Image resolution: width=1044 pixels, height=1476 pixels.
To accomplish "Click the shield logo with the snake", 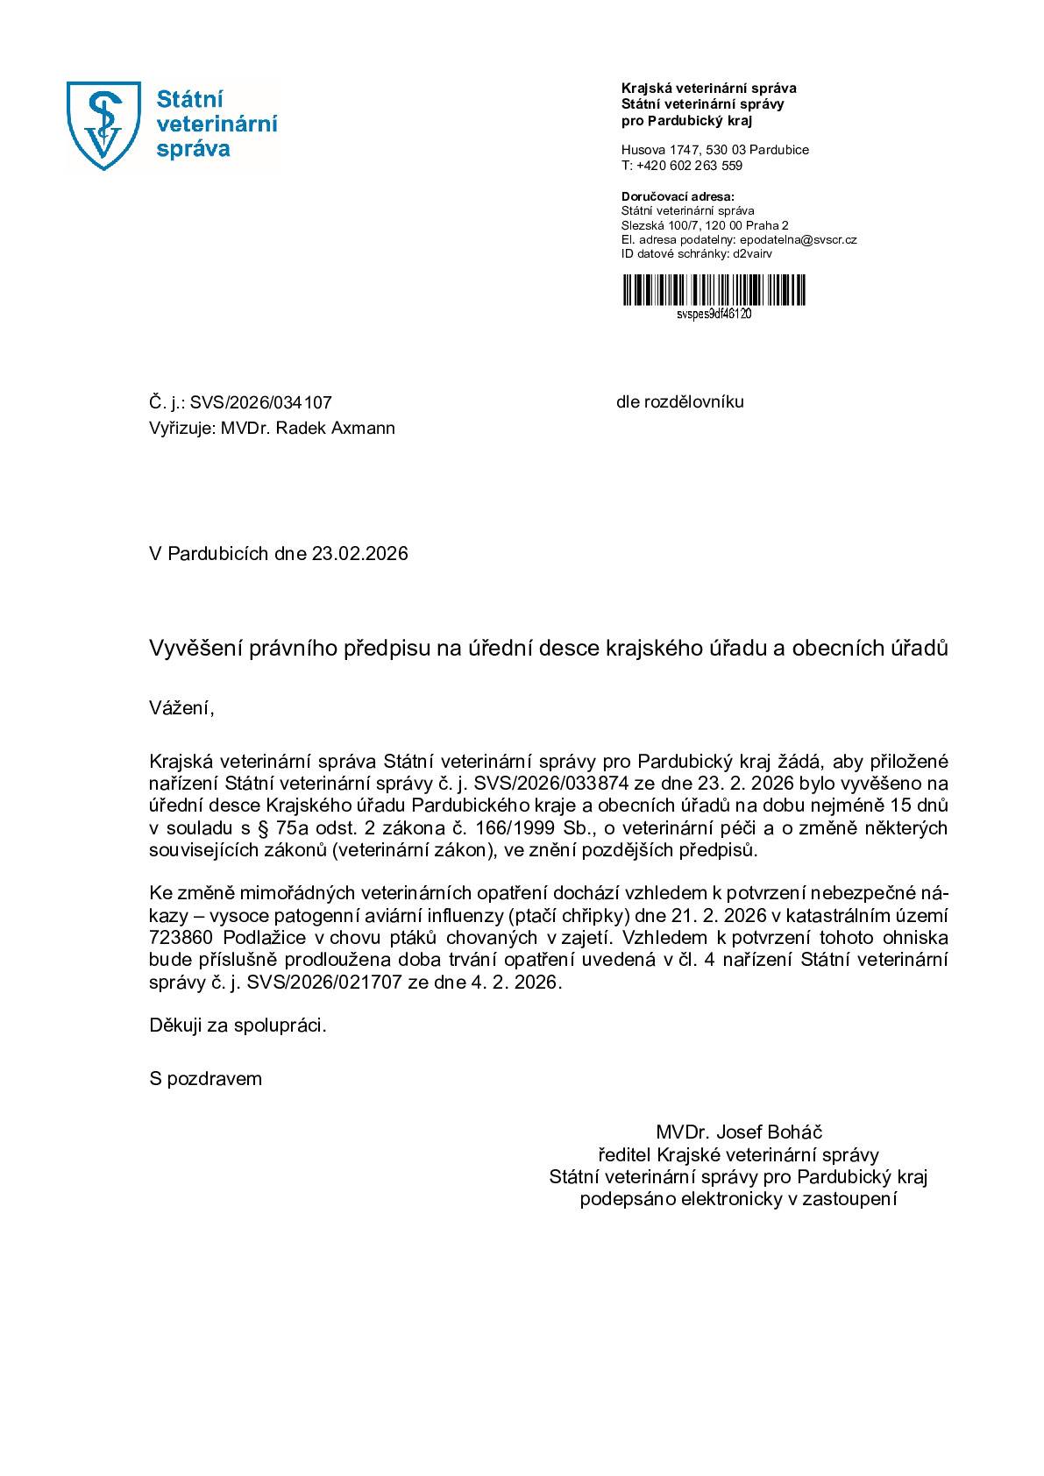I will tap(104, 125).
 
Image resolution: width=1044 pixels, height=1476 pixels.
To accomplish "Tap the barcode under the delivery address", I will tap(714, 290).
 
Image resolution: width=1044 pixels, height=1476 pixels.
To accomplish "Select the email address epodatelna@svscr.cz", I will tap(798, 239).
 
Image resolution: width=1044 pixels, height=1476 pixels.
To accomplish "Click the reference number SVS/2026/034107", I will tap(261, 403).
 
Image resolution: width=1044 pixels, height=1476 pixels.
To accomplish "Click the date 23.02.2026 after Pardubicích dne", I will tap(359, 555).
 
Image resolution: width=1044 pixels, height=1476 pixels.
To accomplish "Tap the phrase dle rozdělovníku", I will tap(679, 402).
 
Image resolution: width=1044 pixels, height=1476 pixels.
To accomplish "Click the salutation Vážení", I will tap(181, 708).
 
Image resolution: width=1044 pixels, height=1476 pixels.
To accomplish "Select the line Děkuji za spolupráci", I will tap(238, 1025).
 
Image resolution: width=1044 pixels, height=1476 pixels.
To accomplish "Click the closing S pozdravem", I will tap(205, 1079).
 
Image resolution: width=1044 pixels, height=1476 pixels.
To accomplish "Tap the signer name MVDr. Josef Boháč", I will tap(738, 1132).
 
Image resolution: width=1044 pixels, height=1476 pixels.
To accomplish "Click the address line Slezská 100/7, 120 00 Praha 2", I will tap(705, 225).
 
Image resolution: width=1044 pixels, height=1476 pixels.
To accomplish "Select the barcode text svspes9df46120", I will tap(714, 314).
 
